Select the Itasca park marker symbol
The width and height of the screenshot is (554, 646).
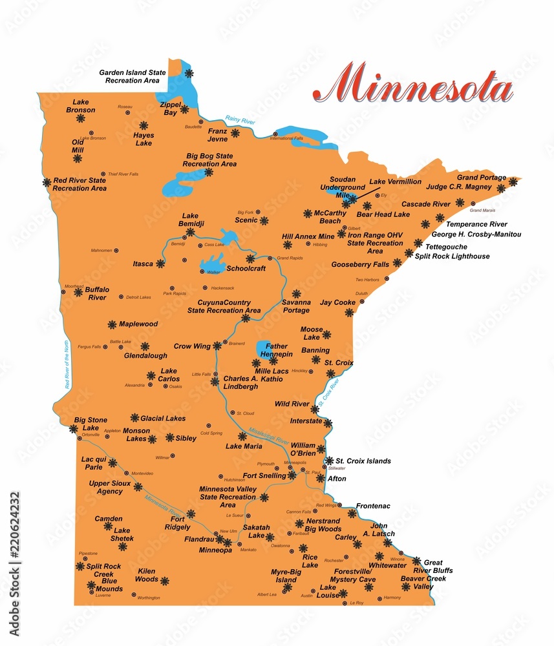pyautogui.click(x=160, y=264)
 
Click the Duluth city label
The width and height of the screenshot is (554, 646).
pyautogui.click(x=361, y=293)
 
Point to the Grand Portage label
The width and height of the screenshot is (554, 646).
pyautogui.click(x=482, y=178)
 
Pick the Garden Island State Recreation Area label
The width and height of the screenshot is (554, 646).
pyautogui.click(x=129, y=77)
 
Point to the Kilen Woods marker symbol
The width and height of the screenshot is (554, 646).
pyautogui.click(x=164, y=581)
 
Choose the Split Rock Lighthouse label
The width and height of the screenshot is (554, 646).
pyautogui.click(x=453, y=256)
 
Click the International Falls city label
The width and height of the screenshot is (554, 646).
pyautogui.click(x=286, y=138)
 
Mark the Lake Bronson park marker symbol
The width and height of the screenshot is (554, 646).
pyautogui.click(x=81, y=119)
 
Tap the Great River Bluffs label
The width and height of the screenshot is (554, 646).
pyautogui.click(x=438, y=567)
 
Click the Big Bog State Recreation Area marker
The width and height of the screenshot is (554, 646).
pyautogui.click(x=209, y=172)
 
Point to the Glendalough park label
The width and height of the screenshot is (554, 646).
pyautogui.click(x=145, y=355)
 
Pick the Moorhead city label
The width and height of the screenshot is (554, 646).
pyautogui.click(x=74, y=286)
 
